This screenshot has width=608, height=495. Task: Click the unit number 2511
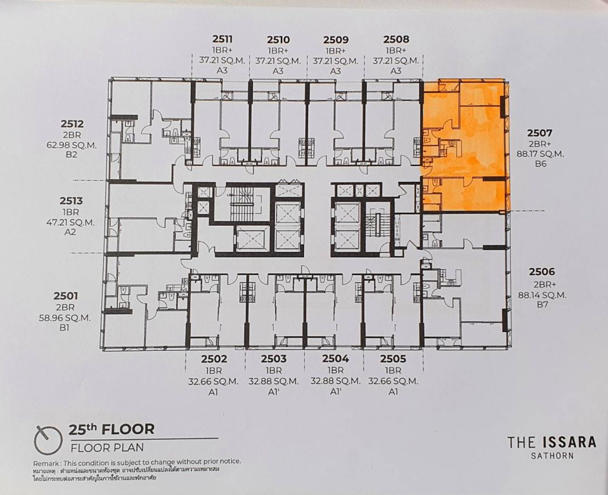(x=222, y=39)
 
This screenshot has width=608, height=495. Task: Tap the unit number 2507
(x=539, y=133)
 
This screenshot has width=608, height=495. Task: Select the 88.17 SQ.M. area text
(x=540, y=154)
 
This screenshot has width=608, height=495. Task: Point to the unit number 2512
(x=72, y=124)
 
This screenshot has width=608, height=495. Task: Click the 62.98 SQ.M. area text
(x=72, y=145)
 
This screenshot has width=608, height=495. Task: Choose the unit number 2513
(x=71, y=201)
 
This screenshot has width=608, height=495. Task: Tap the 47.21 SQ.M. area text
(x=70, y=223)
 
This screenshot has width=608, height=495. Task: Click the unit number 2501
(x=66, y=296)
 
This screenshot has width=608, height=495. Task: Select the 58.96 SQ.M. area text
(x=64, y=317)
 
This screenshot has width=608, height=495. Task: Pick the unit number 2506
(x=542, y=272)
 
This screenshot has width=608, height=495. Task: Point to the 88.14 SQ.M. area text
(x=542, y=294)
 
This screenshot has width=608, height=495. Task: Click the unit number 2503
(x=274, y=359)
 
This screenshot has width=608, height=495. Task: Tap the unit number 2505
(x=393, y=359)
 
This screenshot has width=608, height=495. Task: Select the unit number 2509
(x=336, y=40)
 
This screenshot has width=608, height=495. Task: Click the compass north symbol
(x=48, y=440)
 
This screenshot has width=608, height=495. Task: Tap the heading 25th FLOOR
(x=112, y=429)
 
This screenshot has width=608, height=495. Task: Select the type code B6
(x=541, y=164)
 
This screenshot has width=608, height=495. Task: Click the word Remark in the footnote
(x=46, y=463)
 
